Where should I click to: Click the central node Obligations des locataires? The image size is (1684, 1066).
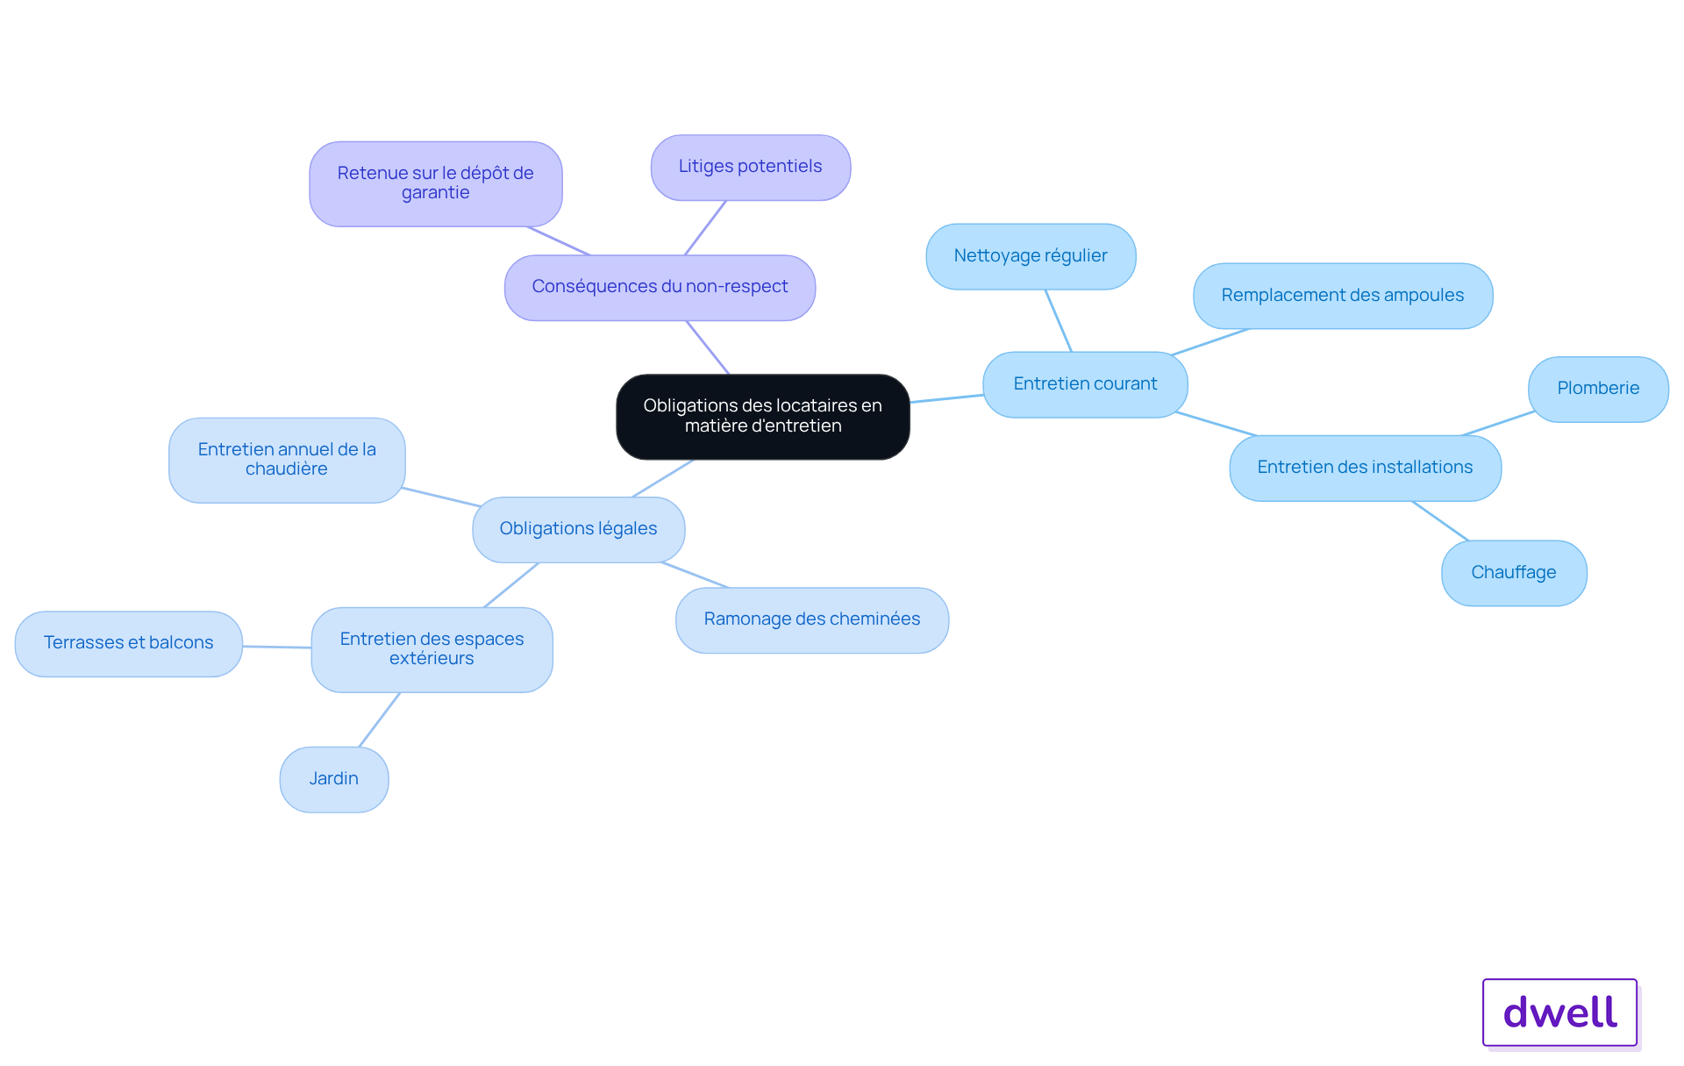(763, 417)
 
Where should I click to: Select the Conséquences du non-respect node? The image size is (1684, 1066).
(660, 288)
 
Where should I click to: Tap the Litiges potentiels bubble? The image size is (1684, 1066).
(751, 168)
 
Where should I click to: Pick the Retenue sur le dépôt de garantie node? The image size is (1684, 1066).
(436, 184)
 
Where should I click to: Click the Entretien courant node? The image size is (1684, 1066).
(1085, 384)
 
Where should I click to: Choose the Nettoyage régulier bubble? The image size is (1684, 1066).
(1031, 256)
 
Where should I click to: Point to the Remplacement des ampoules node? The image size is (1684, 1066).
(1343, 296)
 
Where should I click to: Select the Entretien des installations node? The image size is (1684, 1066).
(1366, 468)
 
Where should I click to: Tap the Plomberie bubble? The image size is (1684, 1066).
(1598, 389)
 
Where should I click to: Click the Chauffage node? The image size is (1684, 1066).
(1514, 573)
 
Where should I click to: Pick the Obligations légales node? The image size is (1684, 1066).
(579, 529)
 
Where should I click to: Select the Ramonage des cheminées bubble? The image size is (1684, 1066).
(812, 620)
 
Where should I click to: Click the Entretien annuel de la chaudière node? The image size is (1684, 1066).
(287, 460)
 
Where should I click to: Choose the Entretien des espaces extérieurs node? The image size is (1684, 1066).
(432, 649)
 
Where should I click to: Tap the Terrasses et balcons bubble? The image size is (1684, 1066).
(129, 643)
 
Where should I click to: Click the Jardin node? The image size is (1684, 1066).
(334, 779)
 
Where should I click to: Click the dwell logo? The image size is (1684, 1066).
(1560, 1012)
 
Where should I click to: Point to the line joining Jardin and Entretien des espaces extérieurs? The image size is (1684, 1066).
(380, 719)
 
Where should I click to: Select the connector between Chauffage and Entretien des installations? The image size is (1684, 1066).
(1440, 520)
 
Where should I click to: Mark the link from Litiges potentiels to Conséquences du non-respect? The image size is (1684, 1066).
(705, 228)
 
